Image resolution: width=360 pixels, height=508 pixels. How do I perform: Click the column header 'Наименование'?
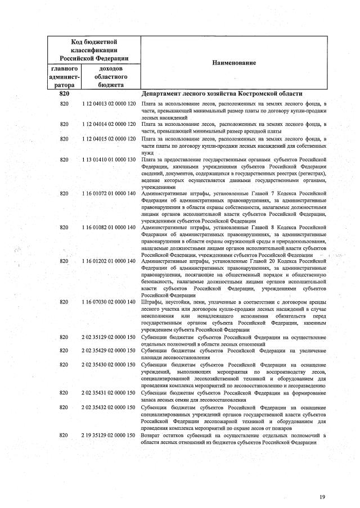pos(233,63)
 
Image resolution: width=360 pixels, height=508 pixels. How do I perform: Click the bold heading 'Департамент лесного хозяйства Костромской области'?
pos(222,94)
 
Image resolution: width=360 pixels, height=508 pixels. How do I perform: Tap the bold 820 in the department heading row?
pos(64,94)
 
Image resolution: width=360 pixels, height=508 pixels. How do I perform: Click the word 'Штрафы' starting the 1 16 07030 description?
pos(151,302)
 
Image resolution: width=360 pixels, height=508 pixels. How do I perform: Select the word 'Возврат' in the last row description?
pos(151,436)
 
